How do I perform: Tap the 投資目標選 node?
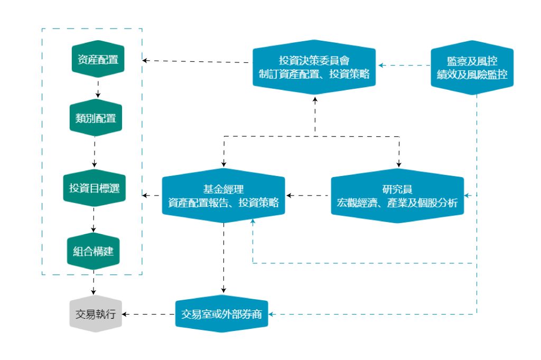point(95,188)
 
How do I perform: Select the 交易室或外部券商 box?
point(222,314)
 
